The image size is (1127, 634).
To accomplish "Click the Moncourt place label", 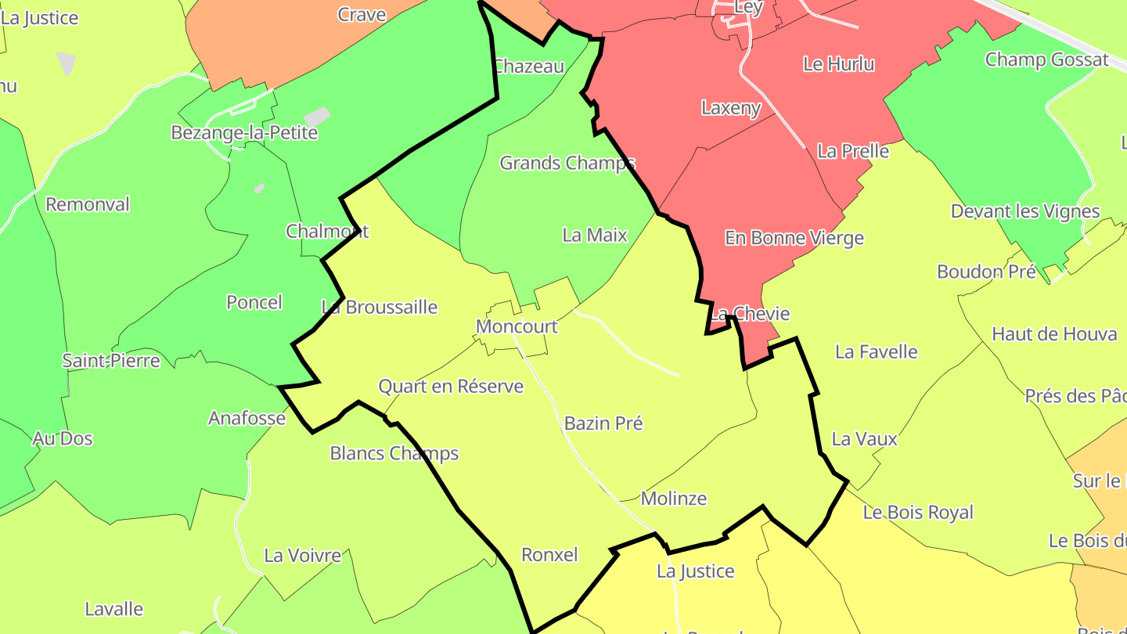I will pos(517,326).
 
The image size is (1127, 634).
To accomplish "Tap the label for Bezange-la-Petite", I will pos(244,132).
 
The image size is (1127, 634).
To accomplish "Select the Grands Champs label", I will pos(567,163).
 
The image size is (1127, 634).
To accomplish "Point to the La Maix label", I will pos(595,235).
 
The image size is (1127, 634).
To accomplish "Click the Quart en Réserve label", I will pos(451,386).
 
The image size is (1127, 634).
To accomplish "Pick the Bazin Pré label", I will pos(603,423).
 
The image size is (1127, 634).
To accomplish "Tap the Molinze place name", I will pos(673,499).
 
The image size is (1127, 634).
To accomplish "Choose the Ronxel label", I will pos(549,555).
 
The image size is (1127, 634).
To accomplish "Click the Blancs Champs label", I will pos(394,453).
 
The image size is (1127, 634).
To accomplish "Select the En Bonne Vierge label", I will pos(794,238).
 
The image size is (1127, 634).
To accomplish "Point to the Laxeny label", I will pos(731,108).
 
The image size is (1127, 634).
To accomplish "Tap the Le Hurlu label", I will pos(839,64).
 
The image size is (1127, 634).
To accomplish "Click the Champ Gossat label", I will pos(1046,59).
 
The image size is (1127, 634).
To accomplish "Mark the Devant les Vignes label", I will pos(1025,211).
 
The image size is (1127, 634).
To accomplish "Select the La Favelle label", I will pos(876,352).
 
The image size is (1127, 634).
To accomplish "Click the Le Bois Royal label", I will pos(918,513).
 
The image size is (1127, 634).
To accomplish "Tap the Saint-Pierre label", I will pos(111,361).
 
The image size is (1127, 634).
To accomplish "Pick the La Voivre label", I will pos(302,556).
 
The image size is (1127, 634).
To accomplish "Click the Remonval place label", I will pos(88,204).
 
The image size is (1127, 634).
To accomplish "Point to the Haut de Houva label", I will pos(1054,334).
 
